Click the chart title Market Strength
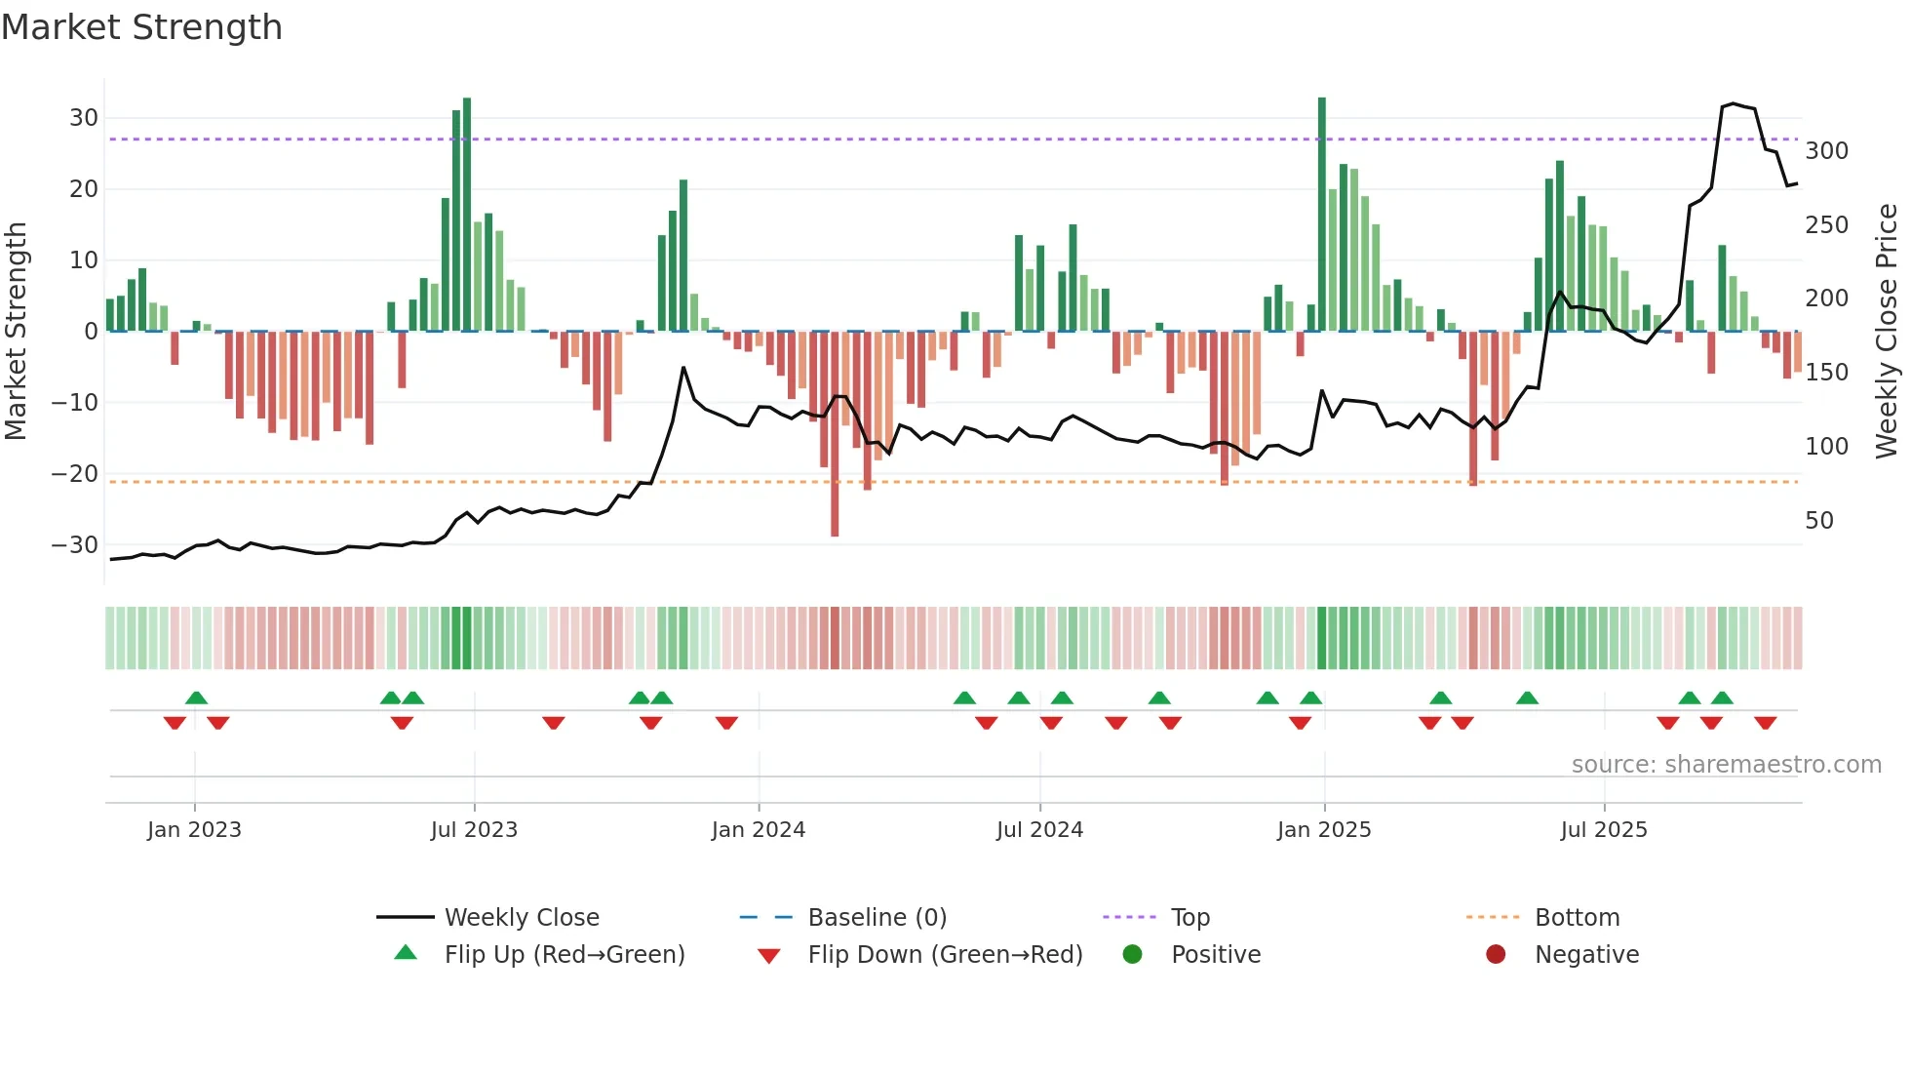[141, 27]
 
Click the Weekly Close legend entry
[522, 918]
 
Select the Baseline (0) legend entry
[877, 918]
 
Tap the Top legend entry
[1190, 918]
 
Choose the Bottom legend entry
[1577, 918]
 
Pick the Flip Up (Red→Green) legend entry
[565, 955]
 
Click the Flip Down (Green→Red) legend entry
[945, 955]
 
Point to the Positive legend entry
[1216, 955]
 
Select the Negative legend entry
[1586, 955]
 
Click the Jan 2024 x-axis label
[759, 830]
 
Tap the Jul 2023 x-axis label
[474, 830]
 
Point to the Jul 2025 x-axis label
[1604, 830]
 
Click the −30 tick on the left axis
[75, 545]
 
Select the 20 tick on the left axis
[84, 189]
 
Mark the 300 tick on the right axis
[1826, 151]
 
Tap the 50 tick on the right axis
[1819, 521]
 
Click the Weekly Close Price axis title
[1887, 332]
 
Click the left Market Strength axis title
[17, 332]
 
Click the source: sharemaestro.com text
[1726, 765]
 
